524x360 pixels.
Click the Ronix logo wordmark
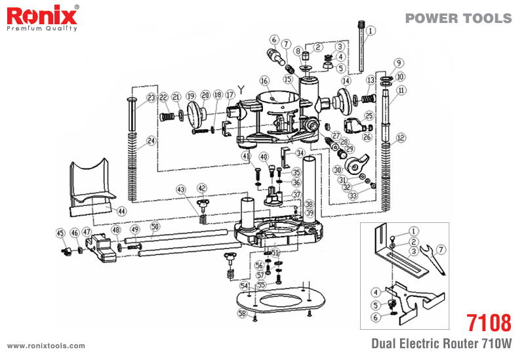coord(42,15)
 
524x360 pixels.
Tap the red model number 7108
coord(489,323)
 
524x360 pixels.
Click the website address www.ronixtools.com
coord(46,346)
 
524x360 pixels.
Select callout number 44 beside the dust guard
coord(121,211)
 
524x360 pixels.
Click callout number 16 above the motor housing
coord(264,81)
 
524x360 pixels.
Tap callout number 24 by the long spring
coord(151,141)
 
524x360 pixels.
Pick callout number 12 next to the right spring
coord(401,138)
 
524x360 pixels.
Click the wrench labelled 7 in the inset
coord(432,260)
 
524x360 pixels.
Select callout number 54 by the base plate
coord(244,286)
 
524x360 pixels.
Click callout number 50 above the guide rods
coord(155,227)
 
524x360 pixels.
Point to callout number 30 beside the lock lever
coord(338,170)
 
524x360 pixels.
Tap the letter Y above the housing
coord(241,89)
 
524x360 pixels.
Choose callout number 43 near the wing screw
coord(181,190)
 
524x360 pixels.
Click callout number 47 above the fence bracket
coord(87,231)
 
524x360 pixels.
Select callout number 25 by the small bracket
coord(369,116)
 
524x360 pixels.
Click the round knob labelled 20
coord(196,112)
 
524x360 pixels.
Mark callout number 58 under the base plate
coord(242,313)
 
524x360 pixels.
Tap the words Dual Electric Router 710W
coord(441,344)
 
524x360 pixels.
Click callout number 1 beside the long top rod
coord(371,31)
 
